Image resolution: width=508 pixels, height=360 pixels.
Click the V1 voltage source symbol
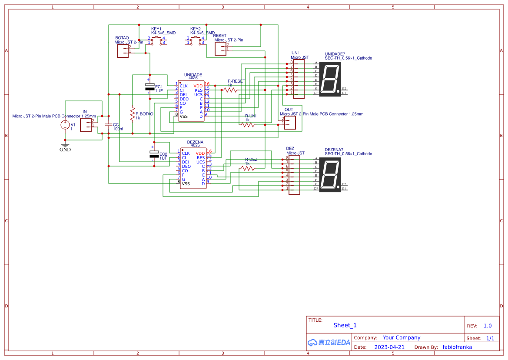65,125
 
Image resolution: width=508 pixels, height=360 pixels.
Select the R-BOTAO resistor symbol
132,114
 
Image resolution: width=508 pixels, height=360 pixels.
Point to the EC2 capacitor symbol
154,154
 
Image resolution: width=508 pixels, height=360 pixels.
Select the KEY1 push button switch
156,40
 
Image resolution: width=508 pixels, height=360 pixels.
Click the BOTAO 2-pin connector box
123,51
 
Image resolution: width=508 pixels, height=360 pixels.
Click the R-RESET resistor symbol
230,90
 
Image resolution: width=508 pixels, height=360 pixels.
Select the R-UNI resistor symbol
248,125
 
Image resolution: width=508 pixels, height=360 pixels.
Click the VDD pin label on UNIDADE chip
198,86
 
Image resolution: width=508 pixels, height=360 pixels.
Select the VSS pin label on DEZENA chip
186,184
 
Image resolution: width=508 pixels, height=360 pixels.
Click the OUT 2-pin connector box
290,123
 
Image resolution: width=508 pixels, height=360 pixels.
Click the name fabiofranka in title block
457,347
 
